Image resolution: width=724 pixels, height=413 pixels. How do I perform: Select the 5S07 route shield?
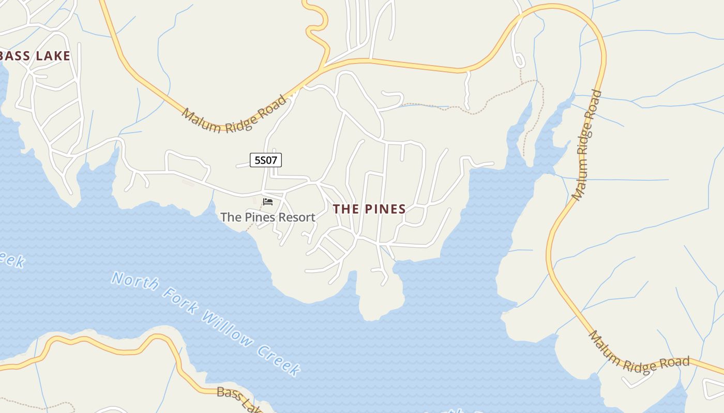click(x=266, y=160)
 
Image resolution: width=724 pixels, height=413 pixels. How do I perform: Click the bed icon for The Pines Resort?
click(x=268, y=201)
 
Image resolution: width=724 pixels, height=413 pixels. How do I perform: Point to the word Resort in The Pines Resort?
click(x=296, y=217)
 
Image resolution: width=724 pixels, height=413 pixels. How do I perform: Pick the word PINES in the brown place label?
click(x=385, y=209)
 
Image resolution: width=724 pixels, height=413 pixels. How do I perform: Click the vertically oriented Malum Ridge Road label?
click(x=587, y=146)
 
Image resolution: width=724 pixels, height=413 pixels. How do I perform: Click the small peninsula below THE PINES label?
click(x=380, y=299)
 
